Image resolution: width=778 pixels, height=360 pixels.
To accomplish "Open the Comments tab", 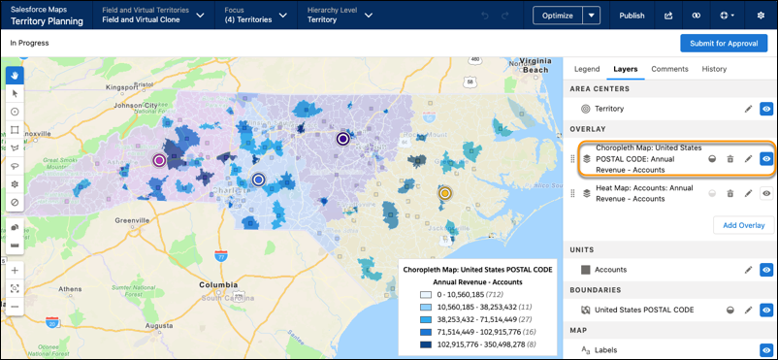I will click(669, 69).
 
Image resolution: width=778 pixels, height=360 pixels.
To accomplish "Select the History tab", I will click(714, 69).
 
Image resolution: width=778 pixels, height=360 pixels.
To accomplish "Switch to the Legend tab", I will click(586, 69).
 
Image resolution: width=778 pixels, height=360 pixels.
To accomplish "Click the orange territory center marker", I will click(444, 194).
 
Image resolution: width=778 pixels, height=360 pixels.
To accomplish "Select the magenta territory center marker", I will click(159, 160).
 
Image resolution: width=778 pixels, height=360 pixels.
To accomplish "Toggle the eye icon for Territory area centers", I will click(766, 110).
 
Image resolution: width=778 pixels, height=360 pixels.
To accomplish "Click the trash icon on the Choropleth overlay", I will click(729, 158).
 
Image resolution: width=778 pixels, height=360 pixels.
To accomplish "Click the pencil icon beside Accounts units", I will click(748, 270).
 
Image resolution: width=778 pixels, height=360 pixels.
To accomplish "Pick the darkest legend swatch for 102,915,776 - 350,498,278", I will click(426, 344).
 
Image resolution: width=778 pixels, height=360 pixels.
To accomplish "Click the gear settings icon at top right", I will click(760, 16).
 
